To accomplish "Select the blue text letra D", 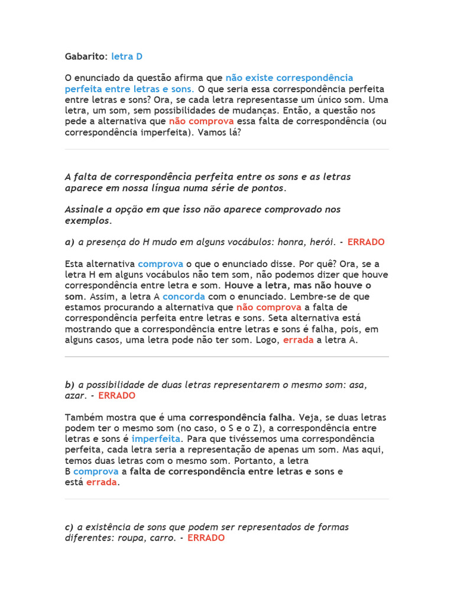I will [127, 57].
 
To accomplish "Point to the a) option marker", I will [70, 242].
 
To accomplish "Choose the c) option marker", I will [70, 527].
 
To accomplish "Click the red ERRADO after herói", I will [366, 242].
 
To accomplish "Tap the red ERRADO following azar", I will [116, 396].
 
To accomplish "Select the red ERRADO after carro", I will [206, 538].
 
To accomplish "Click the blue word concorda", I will [184, 297].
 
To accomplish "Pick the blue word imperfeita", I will [156, 439].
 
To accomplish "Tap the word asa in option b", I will [358, 385].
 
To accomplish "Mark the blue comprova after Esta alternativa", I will [160, 264].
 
